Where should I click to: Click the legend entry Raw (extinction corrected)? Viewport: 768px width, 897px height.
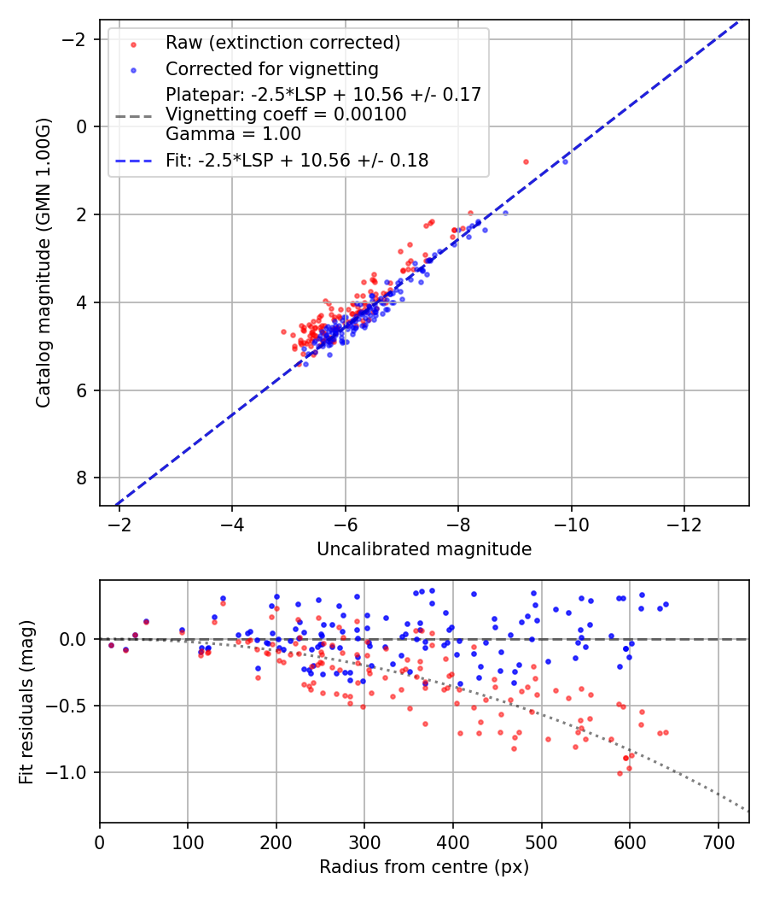282,43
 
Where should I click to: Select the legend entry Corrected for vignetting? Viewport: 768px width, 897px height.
272,68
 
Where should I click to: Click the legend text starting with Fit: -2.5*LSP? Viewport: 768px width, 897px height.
297,160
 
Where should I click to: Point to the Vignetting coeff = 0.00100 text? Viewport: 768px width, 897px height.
286,114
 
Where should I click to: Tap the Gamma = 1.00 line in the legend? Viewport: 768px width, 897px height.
233,133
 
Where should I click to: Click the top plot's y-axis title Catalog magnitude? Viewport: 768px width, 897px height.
44,262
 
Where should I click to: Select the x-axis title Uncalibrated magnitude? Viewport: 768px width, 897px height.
424,549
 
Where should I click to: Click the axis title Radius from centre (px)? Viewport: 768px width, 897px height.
424,867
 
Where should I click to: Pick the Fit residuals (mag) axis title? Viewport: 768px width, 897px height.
26,701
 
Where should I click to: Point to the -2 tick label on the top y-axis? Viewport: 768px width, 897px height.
76,39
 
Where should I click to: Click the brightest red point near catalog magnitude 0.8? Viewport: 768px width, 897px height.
526,161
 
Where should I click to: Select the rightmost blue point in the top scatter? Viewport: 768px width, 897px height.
565,161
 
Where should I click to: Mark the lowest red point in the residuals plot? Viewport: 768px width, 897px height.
620,773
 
